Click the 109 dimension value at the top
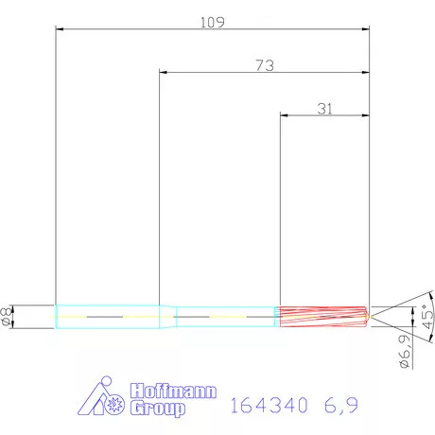[x=213, y=21]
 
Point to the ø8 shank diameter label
[x=9, y=317]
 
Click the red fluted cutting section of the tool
[x=322, y=316]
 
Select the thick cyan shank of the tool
[x=109, y=316]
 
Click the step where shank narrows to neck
[x=172, y=316]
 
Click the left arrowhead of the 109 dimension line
[x=59, y=29]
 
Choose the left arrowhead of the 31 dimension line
[x=283, y=115]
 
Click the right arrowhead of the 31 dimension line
[x=366, y=115]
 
